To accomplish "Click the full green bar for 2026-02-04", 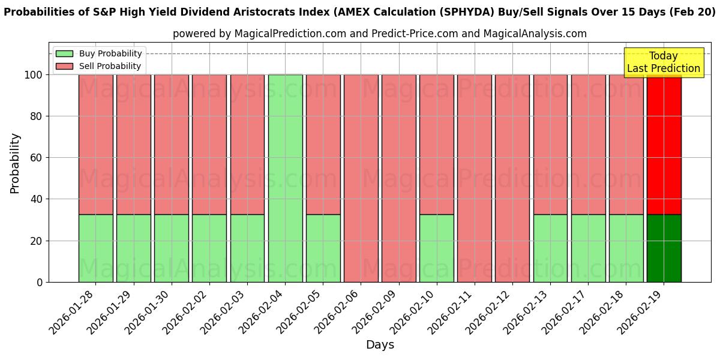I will tap(285, 178).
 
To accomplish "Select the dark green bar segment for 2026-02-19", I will tap(664, 248).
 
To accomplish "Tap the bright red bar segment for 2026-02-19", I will tap(664, 145).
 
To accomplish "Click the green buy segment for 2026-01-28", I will tap(95, 248).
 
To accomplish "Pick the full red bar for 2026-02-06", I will tap(361, 178).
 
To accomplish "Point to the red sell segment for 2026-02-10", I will tap(436, 145).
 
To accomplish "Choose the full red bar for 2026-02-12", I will tap(512, 178).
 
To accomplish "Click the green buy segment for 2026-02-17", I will tap(588, 248).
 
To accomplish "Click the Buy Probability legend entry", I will tap(98, 53).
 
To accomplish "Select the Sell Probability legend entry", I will tap(98, 66).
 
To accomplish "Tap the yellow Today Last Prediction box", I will tap(663, 62).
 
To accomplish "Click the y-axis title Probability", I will tap(15, 163).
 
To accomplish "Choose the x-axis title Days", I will tap(380, 345).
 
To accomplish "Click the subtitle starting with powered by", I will tap(380, 34).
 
